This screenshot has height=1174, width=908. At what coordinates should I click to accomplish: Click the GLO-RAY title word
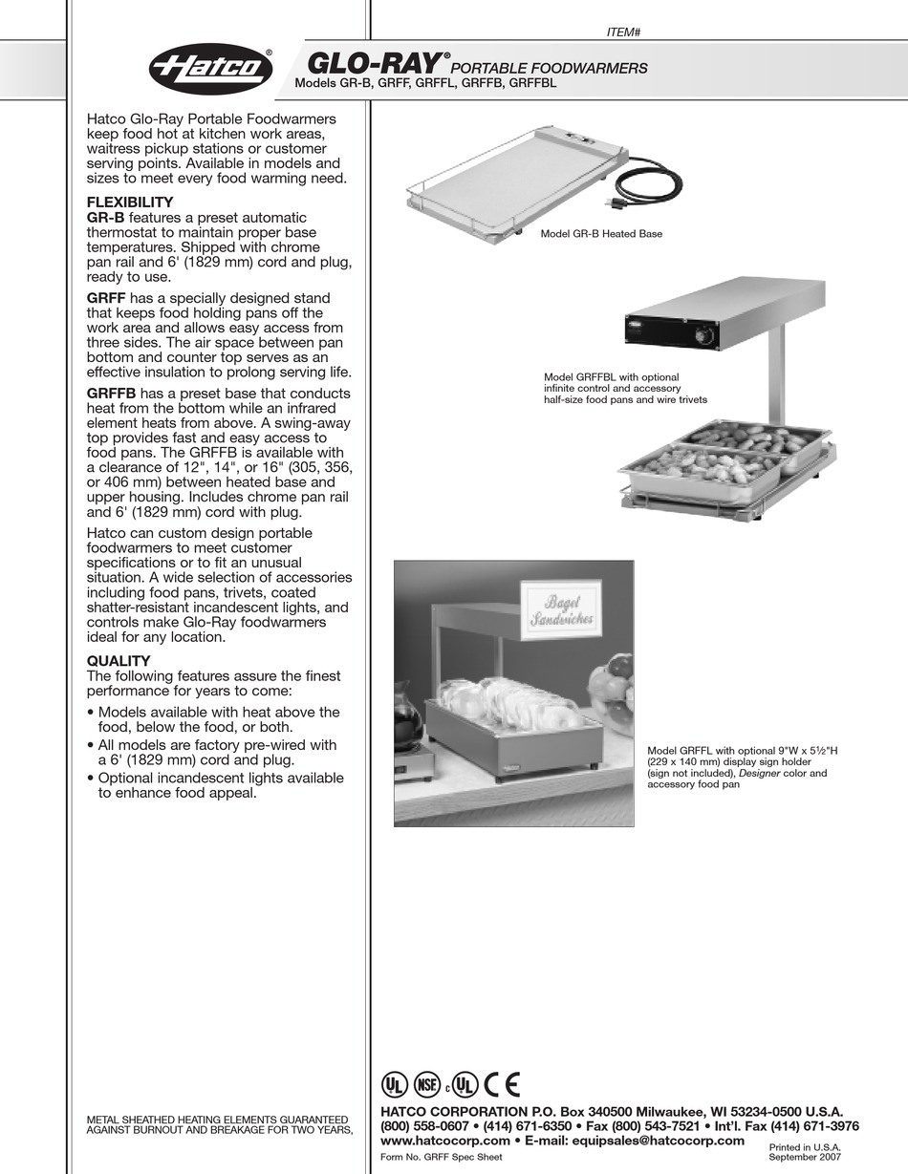[x=375, y=64]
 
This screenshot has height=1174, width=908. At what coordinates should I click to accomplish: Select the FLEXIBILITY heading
[x=130, y=203]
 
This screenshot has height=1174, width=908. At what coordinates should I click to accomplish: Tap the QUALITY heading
[x=119, y=661]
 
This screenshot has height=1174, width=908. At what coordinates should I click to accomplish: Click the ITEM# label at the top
[x=623, y=32]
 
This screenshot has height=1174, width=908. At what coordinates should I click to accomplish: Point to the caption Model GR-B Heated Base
[x=601, y=234]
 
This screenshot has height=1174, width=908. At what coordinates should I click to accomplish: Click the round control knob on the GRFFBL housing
[x=708, y=337]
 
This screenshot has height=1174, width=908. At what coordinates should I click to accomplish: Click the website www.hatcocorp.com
[x=444, y=1141]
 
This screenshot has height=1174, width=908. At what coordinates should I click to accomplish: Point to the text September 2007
[x=805, y=1157]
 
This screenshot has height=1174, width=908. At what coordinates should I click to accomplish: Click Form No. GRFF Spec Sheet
[x=441, y=1157]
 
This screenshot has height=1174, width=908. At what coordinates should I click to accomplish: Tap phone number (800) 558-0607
[x=424, y=1126]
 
